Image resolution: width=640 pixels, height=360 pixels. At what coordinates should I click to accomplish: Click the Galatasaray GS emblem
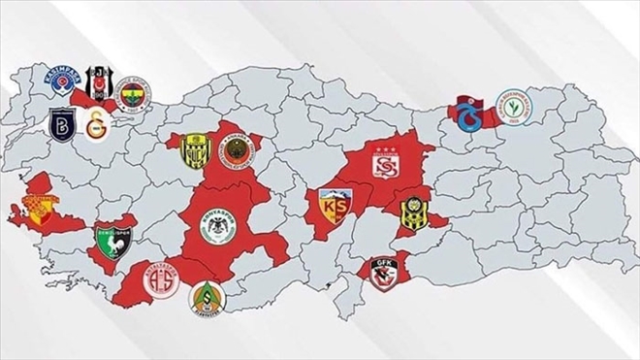tap(97, 126)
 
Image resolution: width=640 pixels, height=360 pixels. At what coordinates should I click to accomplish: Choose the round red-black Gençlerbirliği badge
tap(236, 151)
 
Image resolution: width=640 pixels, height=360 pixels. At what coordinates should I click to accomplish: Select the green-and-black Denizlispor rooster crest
tap(109, 237)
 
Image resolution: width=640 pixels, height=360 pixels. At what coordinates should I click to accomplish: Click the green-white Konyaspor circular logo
tap(218, 228)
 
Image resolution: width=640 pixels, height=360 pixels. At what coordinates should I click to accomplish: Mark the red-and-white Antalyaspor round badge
tap(161, 279)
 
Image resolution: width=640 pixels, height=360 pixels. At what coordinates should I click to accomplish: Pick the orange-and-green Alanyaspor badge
tap(206, 297)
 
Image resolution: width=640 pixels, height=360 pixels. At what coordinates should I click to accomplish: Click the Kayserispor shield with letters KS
tap(336, 207)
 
